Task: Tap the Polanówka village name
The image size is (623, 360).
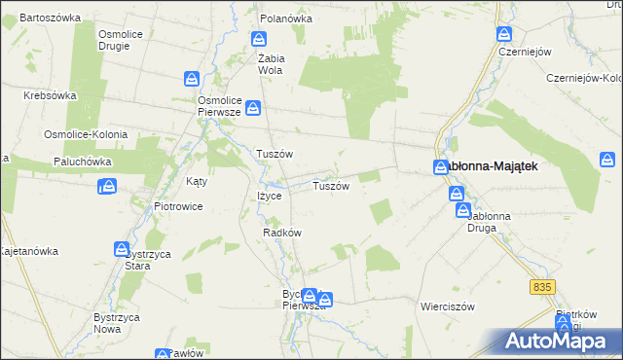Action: click(x=285, y=18)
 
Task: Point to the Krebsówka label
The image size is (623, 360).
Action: click(x=50, y=95)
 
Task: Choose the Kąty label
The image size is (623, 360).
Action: click(x=197, y=181)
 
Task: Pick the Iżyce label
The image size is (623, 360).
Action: click(x=269, y=196)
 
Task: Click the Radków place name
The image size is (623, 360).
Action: click(x=282, y=233)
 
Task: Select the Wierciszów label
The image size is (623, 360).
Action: click(x=447, y=306)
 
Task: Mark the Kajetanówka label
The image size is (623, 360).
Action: click(x=27, y=251)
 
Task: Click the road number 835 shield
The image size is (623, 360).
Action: click(x=542, y=286)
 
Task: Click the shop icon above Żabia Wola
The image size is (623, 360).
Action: click(x=259, y=39)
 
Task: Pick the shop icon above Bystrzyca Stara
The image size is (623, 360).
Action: click(x=123, y=249)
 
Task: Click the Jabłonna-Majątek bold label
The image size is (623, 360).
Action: click(x=492, y=166)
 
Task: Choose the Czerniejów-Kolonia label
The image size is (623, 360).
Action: click(x=584, y=78)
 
